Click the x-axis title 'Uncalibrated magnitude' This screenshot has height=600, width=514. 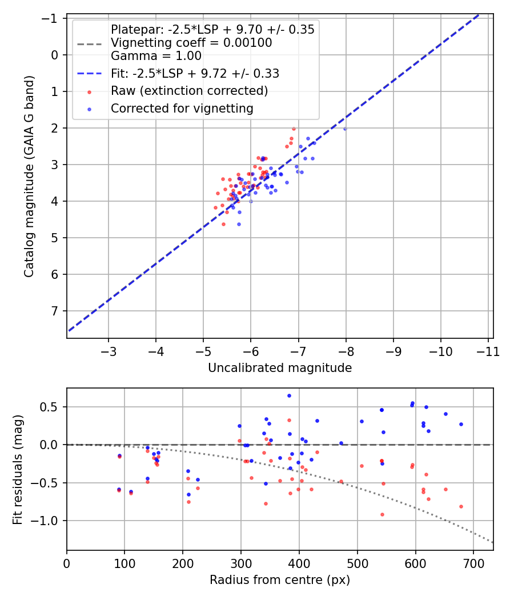280,368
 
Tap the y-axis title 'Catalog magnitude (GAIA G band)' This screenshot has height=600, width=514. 29,177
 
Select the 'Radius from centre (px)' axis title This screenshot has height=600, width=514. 280,580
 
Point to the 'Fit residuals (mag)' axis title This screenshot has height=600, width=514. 18,470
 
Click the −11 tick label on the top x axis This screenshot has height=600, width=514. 488,351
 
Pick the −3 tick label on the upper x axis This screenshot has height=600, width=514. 109,351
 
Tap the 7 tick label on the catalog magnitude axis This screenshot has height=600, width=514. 55,311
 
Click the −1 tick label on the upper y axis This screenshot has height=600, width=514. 50,18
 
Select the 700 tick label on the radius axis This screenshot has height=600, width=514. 473,563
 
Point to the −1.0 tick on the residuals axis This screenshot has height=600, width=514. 46,521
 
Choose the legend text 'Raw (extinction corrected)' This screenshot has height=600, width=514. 189,91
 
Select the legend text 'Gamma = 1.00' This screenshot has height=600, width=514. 156,56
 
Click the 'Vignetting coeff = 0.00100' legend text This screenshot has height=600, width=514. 191,42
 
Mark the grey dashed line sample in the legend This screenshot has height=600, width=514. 90,44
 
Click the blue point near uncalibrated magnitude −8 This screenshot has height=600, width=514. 345,129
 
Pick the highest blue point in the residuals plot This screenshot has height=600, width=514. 289,395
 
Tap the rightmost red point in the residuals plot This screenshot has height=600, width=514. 461,507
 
